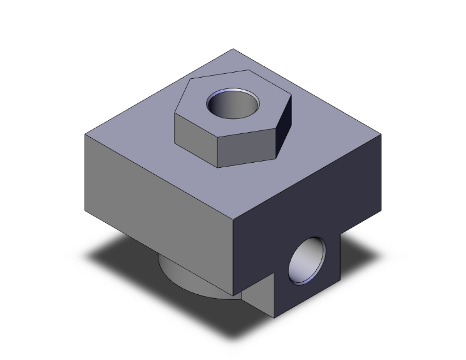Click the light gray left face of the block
coord(157,188)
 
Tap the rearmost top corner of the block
coord(233,49)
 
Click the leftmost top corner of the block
coord(85,135)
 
